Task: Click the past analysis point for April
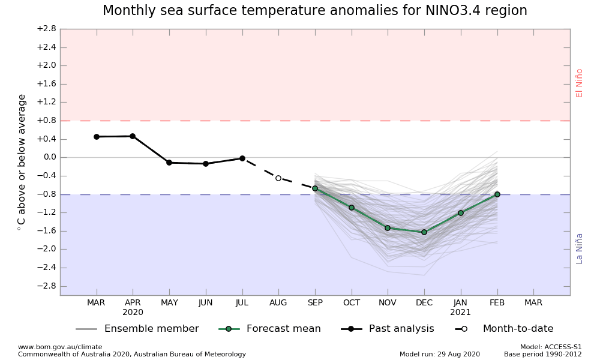point(133,136)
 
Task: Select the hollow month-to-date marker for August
point(278,178)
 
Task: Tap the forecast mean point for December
point(424,232)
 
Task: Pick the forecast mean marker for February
point(497,194)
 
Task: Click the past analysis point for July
point(242,158)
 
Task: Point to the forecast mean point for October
point(352,208)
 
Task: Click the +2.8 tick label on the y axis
point(46,29)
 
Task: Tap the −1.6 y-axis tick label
point(46,231)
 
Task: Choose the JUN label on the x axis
point(206,303)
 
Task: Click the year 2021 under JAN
point(460,313)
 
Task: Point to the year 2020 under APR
point(133,313)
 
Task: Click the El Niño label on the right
point(580,83)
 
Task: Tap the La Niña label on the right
point(580,248)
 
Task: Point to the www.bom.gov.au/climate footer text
point(60,347)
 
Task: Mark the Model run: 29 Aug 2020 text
point(440,354)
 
